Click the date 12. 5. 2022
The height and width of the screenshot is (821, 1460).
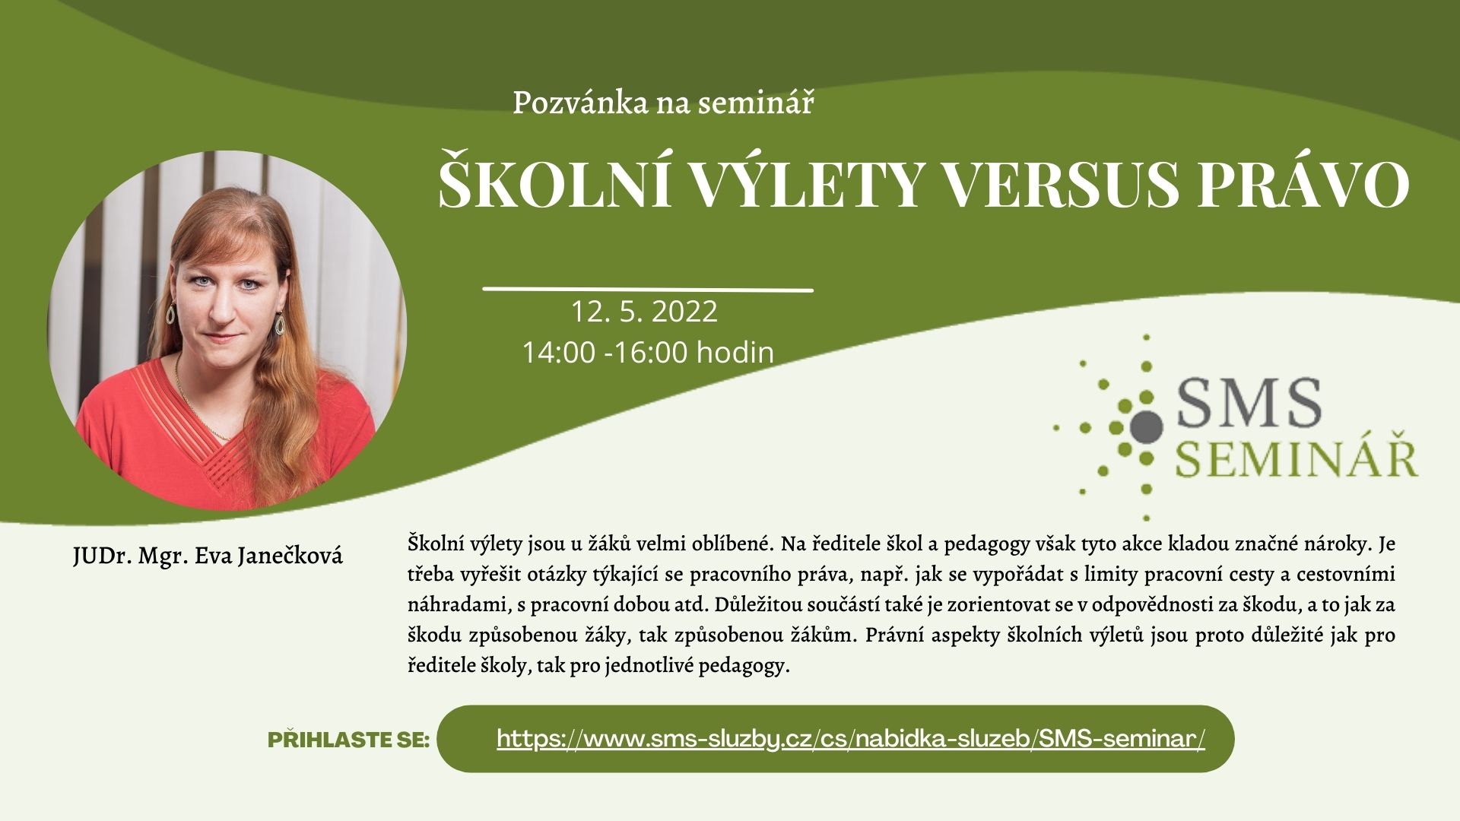point(645,312)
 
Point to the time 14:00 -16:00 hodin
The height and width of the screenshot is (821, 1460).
point(648,353)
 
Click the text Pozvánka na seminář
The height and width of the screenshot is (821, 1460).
point(663,103)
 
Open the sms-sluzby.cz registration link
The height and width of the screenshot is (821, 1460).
point(851,738)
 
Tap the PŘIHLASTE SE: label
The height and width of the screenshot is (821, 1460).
point(349,740)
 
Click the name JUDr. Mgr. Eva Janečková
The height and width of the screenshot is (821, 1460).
point(208,556)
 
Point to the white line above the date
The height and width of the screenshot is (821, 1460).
point(649,289)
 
